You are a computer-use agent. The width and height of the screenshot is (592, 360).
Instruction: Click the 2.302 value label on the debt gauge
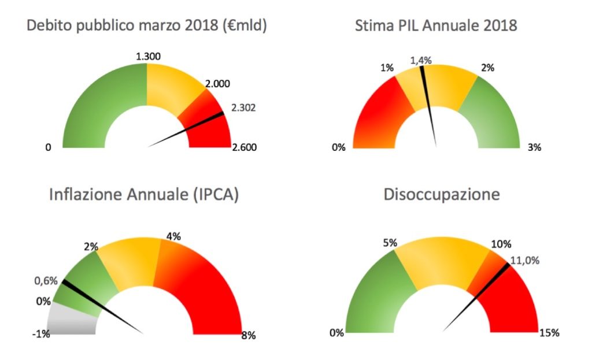click(x=243, y=108)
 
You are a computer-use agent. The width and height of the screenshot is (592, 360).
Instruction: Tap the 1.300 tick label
click(x=148, y=57)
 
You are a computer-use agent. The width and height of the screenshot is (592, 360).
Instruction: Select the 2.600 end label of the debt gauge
click(x=245, y=147)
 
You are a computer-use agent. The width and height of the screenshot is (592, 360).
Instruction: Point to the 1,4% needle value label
click(x=421, y=60)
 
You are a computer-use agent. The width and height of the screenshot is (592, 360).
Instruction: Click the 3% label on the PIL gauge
click(x=534, y=147)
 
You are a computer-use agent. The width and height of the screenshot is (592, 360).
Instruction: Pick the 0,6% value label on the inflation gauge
click(x=46, y=281)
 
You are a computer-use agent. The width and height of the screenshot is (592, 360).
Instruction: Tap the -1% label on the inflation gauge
click(x=41, y=334)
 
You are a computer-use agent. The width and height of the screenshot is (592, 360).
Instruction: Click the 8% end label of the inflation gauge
click(x=249, y=335)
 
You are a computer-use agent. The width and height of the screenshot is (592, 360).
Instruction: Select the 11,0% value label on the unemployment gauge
click(x=525, y=261)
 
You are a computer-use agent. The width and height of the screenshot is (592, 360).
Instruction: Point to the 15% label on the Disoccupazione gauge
click(x=549, y=333)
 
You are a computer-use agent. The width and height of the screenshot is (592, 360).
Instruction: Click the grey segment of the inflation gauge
click(x=72, y=320)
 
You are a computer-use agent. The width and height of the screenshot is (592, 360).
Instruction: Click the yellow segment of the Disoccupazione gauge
click(x=442, y=261)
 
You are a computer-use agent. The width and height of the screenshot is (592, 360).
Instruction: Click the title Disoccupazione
click(x=442, y=194)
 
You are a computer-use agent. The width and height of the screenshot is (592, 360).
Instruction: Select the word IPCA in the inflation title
click(x=216, y=195)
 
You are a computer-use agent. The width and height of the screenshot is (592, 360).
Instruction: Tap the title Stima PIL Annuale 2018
click(x=436, y=25)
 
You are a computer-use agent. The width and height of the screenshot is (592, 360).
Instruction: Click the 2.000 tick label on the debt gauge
click(x=217, y=84)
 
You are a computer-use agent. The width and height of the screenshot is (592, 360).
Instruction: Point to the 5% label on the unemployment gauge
click(x=390, y=243)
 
